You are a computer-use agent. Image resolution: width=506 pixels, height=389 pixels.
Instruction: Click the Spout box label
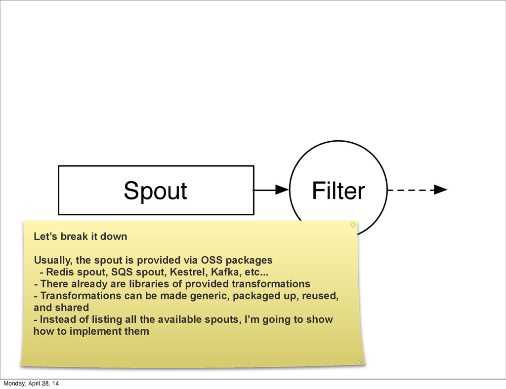(155, 191)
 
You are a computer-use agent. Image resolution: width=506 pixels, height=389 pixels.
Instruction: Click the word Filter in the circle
(338, 191)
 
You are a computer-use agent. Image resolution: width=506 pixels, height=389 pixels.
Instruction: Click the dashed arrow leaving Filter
(418, 190)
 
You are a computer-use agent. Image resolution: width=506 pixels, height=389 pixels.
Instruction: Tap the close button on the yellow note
(353, 225)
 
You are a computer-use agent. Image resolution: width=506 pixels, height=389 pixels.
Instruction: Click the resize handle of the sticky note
(361, 360)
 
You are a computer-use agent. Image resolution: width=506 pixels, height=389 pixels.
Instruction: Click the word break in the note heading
(69, 237)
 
